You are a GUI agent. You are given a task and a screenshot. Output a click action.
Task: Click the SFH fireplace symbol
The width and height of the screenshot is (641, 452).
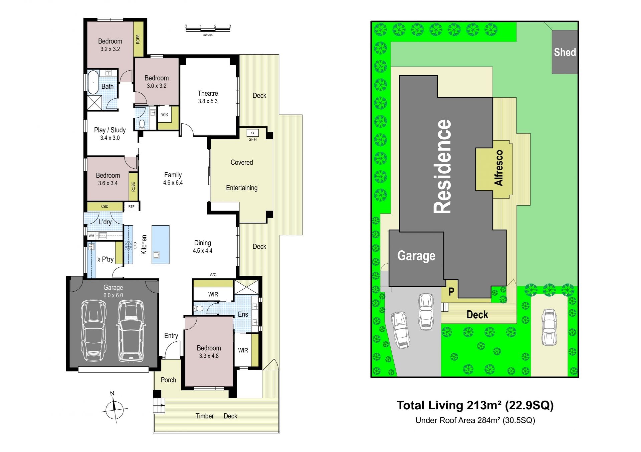[x=253, y=133]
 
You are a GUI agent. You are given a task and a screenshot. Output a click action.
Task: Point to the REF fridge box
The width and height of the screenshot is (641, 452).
[x=132, y=206]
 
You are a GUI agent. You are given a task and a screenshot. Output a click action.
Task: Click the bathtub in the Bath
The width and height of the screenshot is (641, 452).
[x=93, y=82]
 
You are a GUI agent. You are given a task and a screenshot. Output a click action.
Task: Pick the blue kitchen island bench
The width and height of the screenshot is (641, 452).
[x=161, y=245]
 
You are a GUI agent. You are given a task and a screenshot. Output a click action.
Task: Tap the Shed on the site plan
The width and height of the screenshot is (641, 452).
[x=565, y=52]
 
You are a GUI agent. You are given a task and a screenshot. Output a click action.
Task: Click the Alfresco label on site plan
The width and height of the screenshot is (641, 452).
[x=499, y=168]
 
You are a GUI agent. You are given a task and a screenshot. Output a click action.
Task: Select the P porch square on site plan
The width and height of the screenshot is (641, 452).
[x=451, y=291]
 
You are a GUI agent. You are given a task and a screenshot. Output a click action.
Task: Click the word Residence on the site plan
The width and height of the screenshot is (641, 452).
[x=442, y=166]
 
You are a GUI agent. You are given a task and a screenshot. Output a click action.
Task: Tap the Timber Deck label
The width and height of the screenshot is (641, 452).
[x=216, y=416]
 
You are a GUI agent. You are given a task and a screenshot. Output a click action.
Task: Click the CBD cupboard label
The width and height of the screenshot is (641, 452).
[x=105, y=206]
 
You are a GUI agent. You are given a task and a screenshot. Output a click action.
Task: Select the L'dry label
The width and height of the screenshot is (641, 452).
[x=105, y=222]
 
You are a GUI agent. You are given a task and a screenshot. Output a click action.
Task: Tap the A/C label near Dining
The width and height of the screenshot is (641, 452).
[x=213, y=275]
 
